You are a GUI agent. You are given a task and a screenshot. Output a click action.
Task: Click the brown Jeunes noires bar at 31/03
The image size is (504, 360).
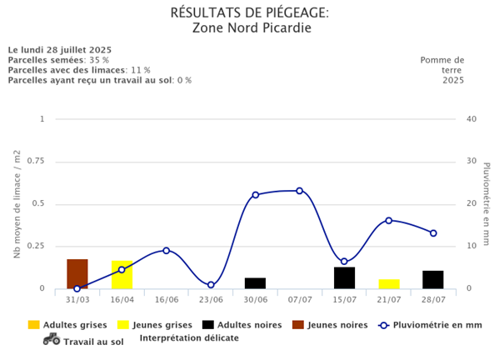[77, 274]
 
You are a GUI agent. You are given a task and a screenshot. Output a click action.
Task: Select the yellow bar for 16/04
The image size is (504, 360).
[122, 275]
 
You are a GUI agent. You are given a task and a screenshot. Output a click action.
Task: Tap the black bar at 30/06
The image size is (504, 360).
[255, 283]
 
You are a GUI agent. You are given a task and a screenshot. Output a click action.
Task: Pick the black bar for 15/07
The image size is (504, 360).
[344, 278]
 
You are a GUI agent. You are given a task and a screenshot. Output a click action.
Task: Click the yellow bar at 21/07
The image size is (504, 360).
[389, 284]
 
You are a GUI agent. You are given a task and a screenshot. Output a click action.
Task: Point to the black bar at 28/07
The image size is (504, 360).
[433, 280]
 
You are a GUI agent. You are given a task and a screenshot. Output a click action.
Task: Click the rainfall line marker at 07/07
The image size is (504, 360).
[300, 191]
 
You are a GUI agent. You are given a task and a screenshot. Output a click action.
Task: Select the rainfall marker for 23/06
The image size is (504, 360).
[211, 285]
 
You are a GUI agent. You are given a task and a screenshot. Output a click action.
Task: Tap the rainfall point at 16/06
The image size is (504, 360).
[167, 250]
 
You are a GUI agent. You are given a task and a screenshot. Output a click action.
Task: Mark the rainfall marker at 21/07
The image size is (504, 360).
[389, 221]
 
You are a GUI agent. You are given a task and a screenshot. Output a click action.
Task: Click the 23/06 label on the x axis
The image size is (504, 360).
[211, 299]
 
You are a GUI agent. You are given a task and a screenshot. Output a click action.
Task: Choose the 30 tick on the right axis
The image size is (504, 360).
[472, 162]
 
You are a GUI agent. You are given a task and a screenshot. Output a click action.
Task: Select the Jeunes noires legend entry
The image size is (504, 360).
[336, 325]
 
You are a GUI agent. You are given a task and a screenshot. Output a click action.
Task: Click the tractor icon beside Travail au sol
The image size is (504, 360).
[51, 339]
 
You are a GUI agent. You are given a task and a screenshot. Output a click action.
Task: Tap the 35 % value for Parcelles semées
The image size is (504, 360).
[99, 60]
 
